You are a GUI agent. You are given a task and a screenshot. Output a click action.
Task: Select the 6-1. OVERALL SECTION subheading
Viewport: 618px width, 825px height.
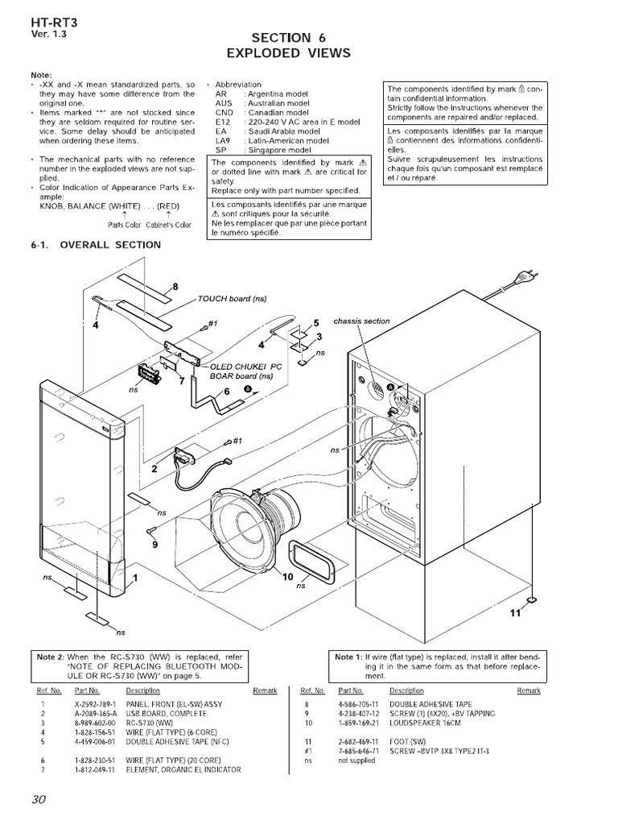[x=96, y=245]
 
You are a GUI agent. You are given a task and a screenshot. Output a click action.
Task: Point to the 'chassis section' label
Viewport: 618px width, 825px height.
[x=361, y=321]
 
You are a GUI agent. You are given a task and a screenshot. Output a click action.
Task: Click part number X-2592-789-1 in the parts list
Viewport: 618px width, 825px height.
[x=98, y=703]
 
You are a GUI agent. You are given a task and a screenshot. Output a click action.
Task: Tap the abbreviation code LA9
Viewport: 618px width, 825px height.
[x=222, y=140]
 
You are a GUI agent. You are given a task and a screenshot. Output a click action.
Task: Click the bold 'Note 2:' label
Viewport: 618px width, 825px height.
[x=51, y=657]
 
